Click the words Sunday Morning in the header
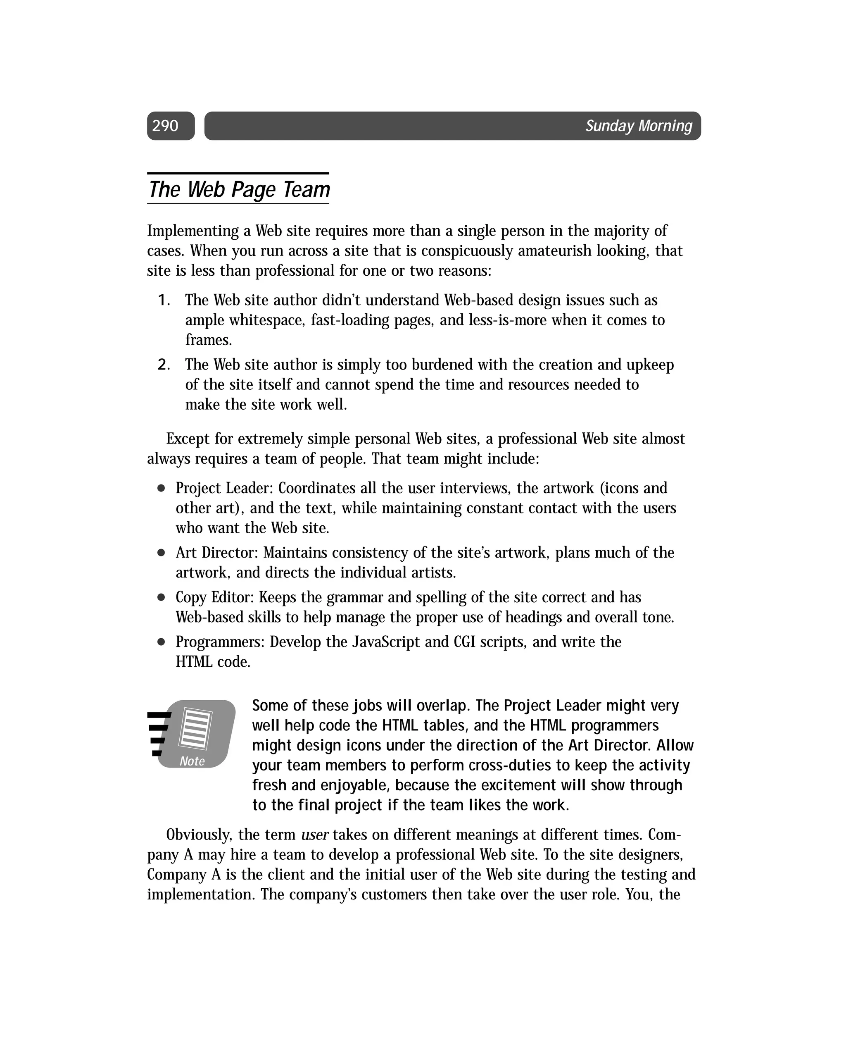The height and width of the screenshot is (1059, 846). click(x=638, y=126)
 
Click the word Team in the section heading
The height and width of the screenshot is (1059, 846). click(x=306, y=190)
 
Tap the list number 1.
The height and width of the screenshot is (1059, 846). click(x=163, y=300)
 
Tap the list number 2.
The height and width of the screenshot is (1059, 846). click(x=163, y=365)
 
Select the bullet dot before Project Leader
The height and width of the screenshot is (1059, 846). click(x=161, y=488)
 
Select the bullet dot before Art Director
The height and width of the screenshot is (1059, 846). click(x=161, y=553)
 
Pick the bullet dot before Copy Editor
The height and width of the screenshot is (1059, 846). click(x=161, y=597)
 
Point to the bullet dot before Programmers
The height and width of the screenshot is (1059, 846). click(x=161, y=642)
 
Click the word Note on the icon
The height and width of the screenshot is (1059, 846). click(x=192, y=761)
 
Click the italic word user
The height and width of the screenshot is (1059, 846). click(x=314, y=835)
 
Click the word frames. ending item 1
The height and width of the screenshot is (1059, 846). click(x=208, y=340)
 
